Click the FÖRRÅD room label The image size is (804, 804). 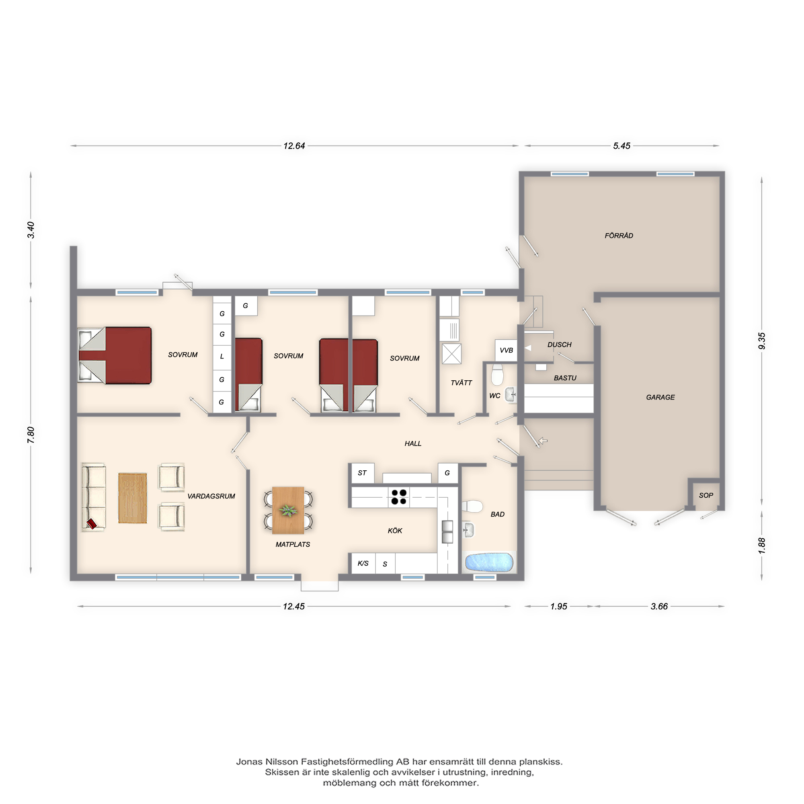coord(619,236)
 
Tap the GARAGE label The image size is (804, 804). coord(660,398)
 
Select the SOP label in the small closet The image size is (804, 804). coord(706,495)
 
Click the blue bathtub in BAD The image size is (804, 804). coord(489,562)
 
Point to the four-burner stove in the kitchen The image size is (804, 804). coord(399,497)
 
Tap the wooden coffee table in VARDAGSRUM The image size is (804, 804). coord(132,498)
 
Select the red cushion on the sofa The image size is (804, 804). coord(92,523)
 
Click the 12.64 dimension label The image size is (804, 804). coord(294,146)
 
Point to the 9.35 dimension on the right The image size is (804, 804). coord(761,341)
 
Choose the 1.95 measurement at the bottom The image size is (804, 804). coord(558,606)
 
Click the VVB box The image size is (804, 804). coord(506,351)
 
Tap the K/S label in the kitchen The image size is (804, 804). coord(363,564)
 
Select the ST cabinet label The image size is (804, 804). coord(362,473)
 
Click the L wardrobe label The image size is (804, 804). coord(222,357)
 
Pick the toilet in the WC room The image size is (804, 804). coord(497,375)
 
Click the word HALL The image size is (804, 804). coord(413,444)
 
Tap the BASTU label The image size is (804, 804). coord(565,378)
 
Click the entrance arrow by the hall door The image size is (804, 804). coord(543,440)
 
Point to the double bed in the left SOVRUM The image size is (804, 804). coord(115,355)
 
